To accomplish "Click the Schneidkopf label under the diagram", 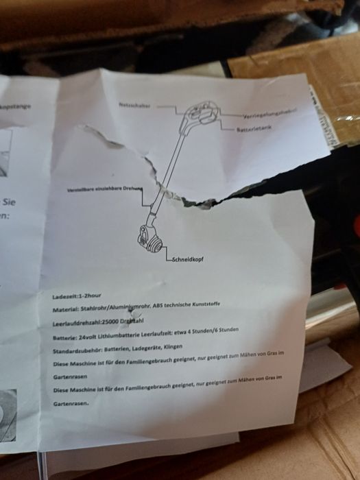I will (x=186, y=259).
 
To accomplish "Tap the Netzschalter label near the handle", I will (x=134, y=106).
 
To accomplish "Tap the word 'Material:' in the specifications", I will (x=66, y=309).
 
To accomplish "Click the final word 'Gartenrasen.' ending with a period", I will (x=71, y=404).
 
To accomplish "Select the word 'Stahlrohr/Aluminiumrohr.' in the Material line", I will (x=116, y=307).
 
